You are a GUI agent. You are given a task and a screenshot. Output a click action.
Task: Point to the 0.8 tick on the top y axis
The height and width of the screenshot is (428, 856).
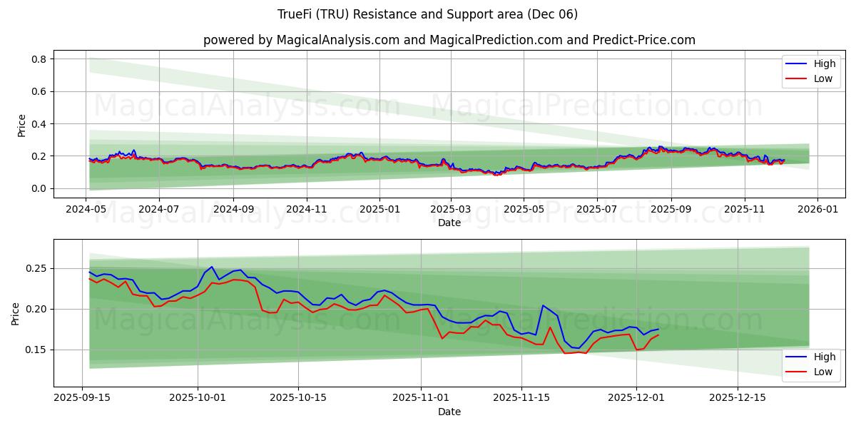tap(39, 59)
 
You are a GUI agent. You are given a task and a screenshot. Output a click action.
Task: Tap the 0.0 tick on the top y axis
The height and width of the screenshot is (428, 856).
tap(39, 188)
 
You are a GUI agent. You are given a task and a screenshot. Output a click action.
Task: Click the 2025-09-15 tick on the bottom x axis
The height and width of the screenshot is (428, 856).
tap(82, 397)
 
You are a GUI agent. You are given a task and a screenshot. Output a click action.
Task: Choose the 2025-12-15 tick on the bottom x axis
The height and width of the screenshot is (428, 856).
tap(738, 397)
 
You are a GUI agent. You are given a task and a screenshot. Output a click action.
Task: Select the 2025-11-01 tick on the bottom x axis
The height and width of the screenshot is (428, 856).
tap(421, 397)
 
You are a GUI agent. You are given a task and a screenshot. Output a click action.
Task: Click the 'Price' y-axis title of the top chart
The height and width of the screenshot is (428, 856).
tap(21, 126)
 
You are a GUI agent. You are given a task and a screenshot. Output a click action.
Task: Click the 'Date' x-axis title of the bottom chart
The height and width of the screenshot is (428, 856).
tap(449, 412)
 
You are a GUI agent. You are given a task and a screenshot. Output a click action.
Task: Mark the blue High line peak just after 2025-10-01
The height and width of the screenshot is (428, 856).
tap(211, 267)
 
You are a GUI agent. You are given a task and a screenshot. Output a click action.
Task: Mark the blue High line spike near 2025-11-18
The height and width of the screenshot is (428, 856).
tap(543, 305)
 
